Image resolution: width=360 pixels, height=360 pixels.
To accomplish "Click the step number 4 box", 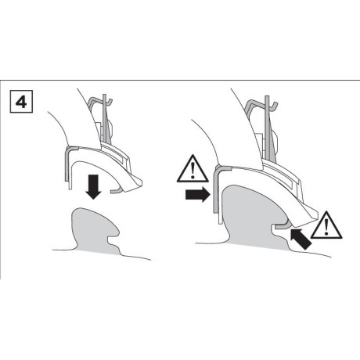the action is coord(21,102).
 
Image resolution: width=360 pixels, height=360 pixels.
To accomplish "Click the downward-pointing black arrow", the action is coord(93,187).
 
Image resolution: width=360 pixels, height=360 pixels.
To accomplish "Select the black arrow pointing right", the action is coord(198,195).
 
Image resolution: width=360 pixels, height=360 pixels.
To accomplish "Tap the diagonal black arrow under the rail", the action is coord(301,239).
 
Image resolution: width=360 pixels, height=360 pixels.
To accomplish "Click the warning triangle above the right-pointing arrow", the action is coord(193,169).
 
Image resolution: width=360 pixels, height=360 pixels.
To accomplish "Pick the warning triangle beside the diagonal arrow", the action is coord(326,225).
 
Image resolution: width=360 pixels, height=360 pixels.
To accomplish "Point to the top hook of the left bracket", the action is coord(99,100).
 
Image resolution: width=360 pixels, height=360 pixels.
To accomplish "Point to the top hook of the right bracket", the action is coord(261,103).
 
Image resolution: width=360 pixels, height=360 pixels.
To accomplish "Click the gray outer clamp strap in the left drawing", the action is coord(67,162).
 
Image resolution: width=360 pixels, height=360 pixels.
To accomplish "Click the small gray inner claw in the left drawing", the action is coord(116,190).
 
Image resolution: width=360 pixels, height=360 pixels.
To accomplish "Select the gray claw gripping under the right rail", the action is coord(282,225).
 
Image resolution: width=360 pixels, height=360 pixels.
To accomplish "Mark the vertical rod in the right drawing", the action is coord(267,128).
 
